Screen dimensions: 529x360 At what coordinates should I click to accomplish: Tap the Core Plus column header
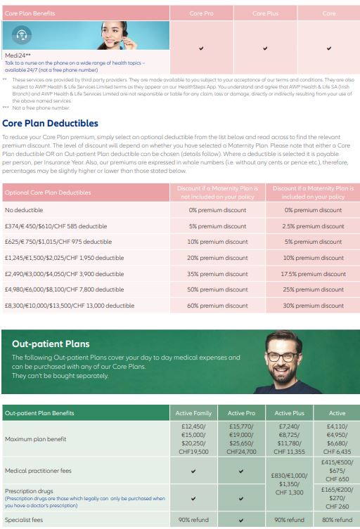pos(265,13)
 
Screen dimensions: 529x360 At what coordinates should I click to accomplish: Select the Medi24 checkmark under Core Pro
pos(201,48)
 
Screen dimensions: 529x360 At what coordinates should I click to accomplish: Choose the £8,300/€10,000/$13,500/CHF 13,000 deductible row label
pos(70,306)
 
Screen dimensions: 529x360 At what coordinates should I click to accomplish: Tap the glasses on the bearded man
pos(283,356)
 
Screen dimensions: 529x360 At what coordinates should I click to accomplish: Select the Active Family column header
pos(193,413)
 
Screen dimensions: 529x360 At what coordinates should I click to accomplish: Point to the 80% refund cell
pos(337,520)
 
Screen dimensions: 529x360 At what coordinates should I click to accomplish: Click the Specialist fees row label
pos(25,520)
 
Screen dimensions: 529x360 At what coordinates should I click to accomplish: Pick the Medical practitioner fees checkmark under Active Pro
pos(241,471)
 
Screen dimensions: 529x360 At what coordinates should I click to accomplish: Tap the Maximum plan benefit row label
pos(36,439)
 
